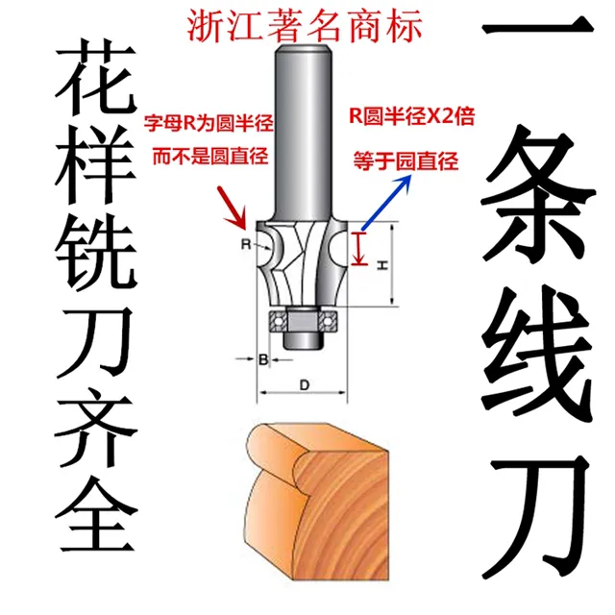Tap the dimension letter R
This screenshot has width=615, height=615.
[x=245, y=245]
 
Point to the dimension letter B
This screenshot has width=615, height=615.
[x=262, y=360]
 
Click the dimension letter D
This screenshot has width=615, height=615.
[x=303, y=385]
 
